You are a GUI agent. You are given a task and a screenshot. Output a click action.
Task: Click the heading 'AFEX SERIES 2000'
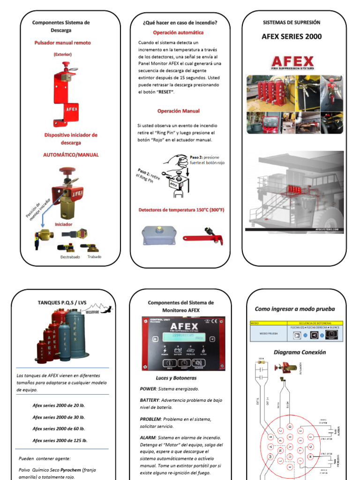pyautogui.click(x=291, y=37)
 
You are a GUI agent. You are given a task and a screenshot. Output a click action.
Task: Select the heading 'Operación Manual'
pyautogui.click(x=178, y=111)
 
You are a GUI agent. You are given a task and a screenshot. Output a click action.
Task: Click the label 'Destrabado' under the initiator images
pyautogui.click(x=70, y=257)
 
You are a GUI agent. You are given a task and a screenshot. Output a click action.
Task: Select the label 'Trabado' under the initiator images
pyautogui.click(x=94, y=256)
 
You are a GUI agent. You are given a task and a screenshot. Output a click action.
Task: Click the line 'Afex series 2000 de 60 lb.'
pyautogui.click(x=59, y=428)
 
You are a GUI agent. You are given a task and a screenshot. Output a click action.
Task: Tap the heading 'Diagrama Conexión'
pyautogui.click(x=296, y=352)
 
